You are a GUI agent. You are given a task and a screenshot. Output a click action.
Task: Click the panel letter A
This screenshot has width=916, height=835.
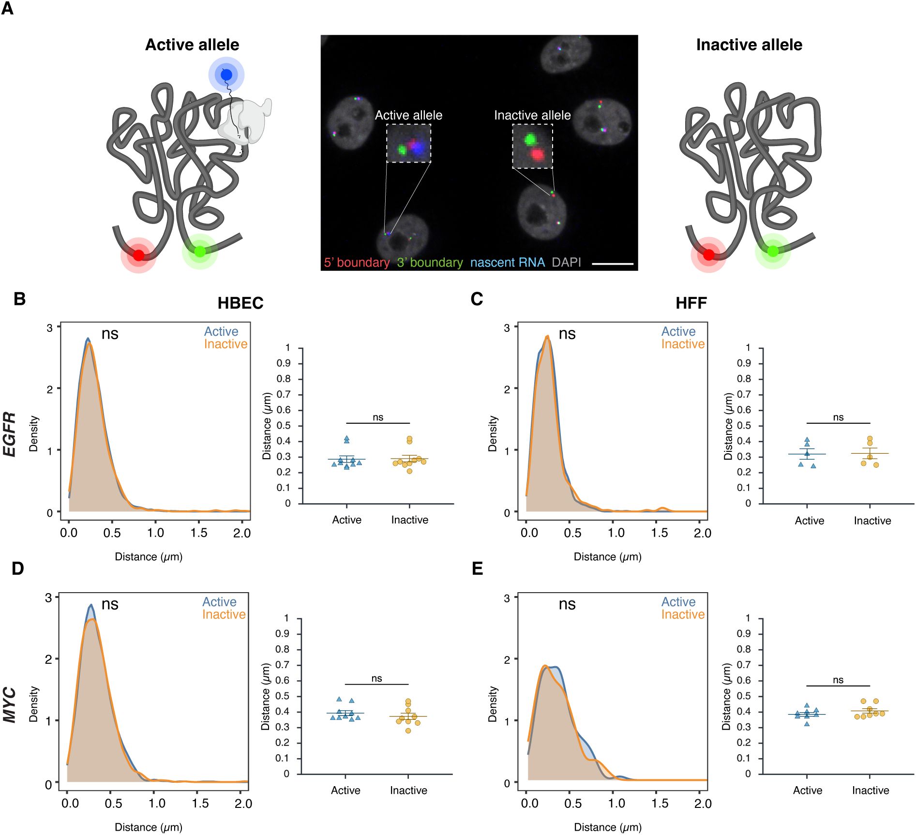tap(8, 8)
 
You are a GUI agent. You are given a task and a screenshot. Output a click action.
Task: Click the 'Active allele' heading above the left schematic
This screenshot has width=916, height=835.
tap(192, 45)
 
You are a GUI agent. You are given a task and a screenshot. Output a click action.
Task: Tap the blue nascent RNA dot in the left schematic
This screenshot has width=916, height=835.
tap(226, 75)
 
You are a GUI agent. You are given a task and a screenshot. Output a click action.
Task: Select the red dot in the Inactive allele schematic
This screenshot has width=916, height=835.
tap(708, 254)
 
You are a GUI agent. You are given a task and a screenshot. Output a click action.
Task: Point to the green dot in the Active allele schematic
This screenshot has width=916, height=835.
tap(200, 251)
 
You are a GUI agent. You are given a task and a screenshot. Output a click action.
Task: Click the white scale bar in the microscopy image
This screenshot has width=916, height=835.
tap(612, 264)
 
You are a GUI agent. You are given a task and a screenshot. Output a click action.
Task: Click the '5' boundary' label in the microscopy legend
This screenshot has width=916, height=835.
tap(357, 262)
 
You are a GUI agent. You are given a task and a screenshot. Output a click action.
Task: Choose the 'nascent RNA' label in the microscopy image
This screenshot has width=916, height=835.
tap(507, 262)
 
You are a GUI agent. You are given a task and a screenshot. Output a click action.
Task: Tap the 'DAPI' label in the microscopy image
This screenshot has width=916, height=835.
tap(566, 262)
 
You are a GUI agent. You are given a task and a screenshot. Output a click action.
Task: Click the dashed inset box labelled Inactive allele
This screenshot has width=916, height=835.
tap(532, 146)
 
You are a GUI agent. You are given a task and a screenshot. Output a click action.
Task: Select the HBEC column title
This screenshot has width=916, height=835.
tap(240, 303)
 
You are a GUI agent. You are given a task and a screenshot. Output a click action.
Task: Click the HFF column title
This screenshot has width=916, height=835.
tap(691, 303)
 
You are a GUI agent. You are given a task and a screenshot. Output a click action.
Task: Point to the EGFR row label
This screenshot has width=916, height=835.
tap(10, 434)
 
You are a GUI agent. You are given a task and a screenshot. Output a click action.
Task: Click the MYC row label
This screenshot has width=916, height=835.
tap(10, 705)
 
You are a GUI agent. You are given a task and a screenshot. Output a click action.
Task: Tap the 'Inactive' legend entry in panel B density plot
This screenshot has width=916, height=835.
tap(225, 344)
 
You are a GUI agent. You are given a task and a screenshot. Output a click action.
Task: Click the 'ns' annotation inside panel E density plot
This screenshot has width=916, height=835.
tap(567, 604)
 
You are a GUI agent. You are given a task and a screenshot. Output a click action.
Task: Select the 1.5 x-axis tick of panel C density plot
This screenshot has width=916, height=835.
tap(659, 533)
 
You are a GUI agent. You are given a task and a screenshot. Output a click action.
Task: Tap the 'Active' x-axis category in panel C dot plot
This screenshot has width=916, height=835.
tap(809, 521)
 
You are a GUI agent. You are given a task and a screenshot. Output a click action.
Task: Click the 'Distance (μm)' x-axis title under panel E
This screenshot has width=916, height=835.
tap(607, 827)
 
